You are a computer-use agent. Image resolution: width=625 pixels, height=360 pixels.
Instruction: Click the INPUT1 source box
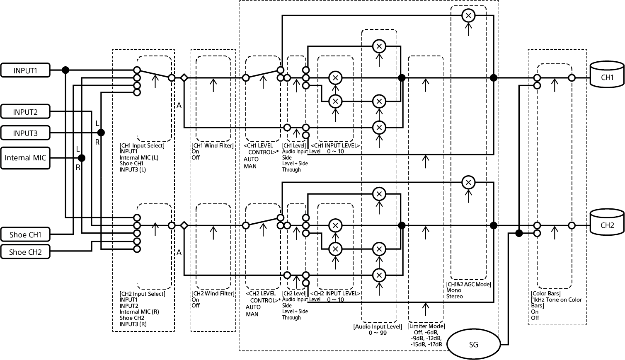point(25,70)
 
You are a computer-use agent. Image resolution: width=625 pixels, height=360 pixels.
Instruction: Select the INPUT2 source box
point(25,112)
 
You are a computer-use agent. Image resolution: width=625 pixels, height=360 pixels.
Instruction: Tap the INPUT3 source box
point(25,133)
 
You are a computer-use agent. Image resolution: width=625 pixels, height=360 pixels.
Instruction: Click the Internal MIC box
point(25,158)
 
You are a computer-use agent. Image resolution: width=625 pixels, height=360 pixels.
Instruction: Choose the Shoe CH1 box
point(25,235)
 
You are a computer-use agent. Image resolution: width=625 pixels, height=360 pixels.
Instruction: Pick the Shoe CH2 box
point(25,252)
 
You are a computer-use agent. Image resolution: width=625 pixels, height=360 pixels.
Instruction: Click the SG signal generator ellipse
point(473,344)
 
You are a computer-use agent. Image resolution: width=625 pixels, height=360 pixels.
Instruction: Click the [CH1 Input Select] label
point(142,145)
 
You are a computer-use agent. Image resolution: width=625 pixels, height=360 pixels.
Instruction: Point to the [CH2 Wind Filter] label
point(213,294)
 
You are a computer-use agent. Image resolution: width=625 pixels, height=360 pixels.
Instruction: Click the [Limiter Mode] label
point(426,326)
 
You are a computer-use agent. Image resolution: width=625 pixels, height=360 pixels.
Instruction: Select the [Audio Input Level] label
point(378,326)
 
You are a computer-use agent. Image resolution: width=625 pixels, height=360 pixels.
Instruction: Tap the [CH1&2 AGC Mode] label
point(469,285)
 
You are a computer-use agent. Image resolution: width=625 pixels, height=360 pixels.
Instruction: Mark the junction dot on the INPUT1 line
point(65,70)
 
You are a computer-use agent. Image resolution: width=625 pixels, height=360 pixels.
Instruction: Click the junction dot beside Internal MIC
point(82,158)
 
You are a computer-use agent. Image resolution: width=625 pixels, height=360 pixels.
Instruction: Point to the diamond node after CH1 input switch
point(184,77)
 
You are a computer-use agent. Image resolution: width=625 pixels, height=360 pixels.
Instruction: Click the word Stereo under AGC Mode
point(455,297)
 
